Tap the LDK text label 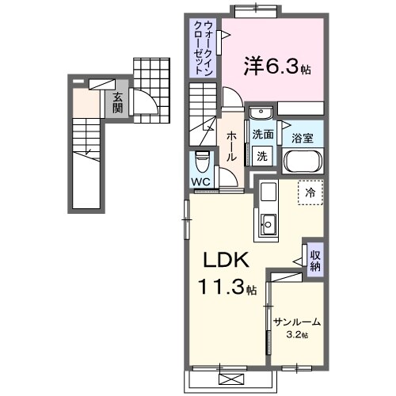coord(229,261)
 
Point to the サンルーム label coord(296,322)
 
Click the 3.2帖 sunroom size coord(298,335)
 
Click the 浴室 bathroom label coord(303,137)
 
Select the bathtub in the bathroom coord(302,162)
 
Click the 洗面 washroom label coord(263,135)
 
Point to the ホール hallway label coord(231,147)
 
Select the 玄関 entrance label coord(117,102)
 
